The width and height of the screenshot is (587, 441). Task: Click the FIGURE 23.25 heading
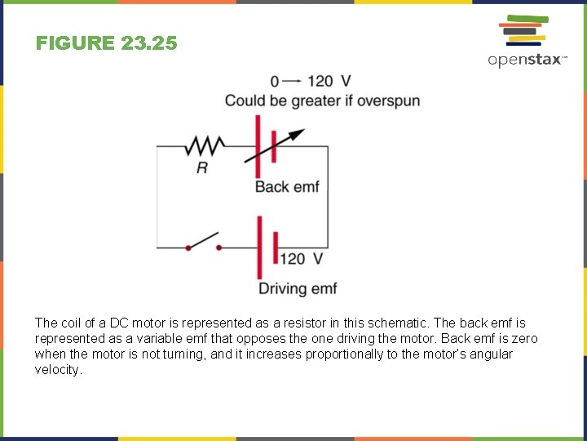(106, 43)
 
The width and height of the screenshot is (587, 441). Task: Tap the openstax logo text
(526, 60)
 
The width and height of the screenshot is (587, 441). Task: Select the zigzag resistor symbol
(205, 146)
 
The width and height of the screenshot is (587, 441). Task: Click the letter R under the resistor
(202, 167)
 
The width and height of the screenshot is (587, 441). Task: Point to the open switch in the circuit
(203, 242)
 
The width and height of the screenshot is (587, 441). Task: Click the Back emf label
(287, 187)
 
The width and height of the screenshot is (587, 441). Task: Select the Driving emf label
(298, 288)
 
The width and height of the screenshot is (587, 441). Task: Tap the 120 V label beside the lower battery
(302, 259)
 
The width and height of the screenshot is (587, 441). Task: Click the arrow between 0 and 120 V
(293, 81)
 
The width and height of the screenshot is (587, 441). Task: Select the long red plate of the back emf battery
(258, 146)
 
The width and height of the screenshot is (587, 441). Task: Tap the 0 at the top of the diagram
(275, 81)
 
